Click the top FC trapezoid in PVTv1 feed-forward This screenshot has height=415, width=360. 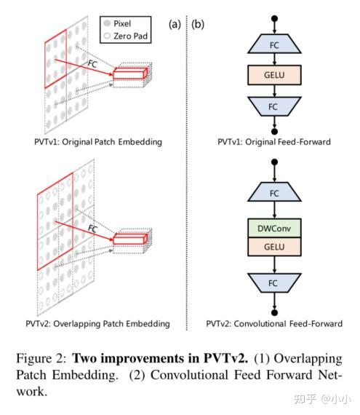(275, 44)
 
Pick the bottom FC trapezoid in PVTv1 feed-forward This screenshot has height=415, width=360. (275, 106)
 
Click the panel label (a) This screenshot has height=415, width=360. (175, 24)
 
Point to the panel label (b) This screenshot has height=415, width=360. (198, 24)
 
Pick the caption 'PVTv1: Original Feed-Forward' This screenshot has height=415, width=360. (275, 141)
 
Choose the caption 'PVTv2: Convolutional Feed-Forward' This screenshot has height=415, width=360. (275, 323)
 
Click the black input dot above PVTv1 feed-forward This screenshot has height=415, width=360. (275, 16)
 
